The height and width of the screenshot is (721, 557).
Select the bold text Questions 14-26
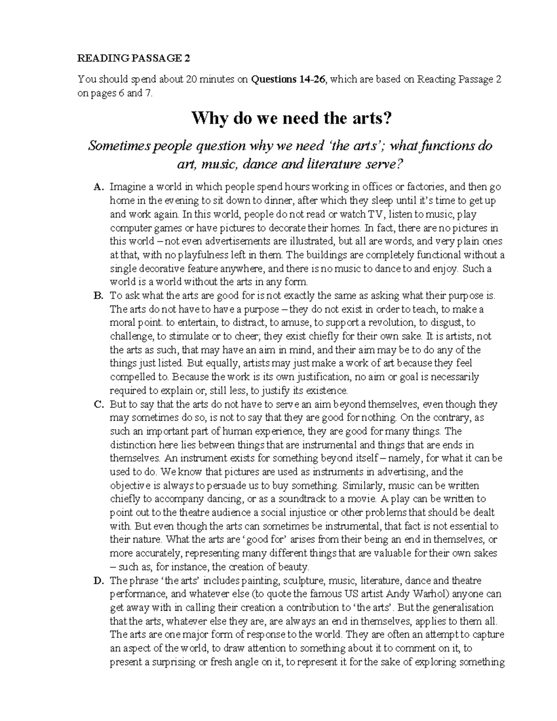[x=289, y=79]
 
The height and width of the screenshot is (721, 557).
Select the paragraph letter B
[x=97, y=295]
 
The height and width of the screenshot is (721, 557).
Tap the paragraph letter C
[x=97, y=404]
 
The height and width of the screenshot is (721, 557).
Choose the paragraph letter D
[x=97, y=580]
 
